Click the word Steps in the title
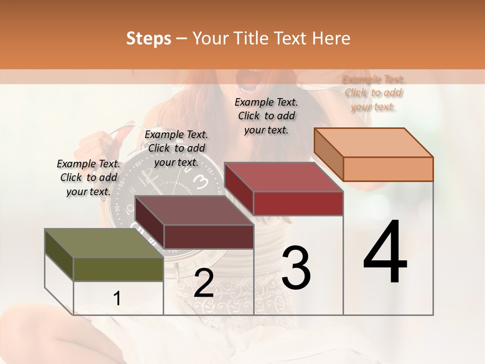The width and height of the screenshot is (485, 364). pyautogui.click(x=149, y=38)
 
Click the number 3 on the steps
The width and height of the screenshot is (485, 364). pyautogui.click(x=296, y=268)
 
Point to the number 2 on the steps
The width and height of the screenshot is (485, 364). pyautogui.click(x=204, y=284)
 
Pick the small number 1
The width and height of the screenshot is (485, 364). pyautogui.click(x=117, y=299)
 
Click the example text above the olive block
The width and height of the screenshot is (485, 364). pyautogui.click(x=88, y=177)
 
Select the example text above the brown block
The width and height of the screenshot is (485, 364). pyautogui.click(x=176, y=148)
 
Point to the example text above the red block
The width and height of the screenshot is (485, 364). pyautogui.click(x=266, y=116)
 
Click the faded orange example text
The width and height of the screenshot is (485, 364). pyautogui.click(x=373, y=93)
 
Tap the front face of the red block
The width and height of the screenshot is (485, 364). pyautogui.click(x=298, y=204)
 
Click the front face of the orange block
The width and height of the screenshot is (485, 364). pyautogui.click(x=388, y=169)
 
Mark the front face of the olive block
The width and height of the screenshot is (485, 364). pyautogui.click(x=118, y=269)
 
